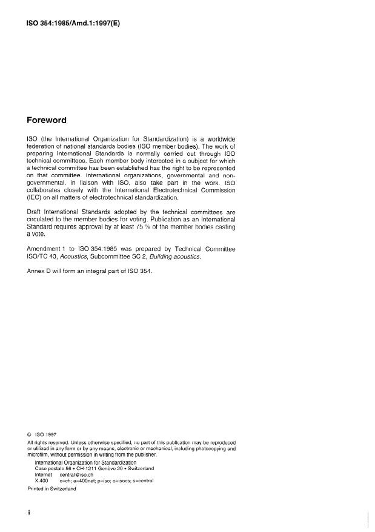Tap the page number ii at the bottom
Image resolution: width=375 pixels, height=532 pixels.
click(29, 513)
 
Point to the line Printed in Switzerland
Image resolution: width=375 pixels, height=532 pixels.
click(51, 489)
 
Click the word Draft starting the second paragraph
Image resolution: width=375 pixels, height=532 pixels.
click(36, 211)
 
